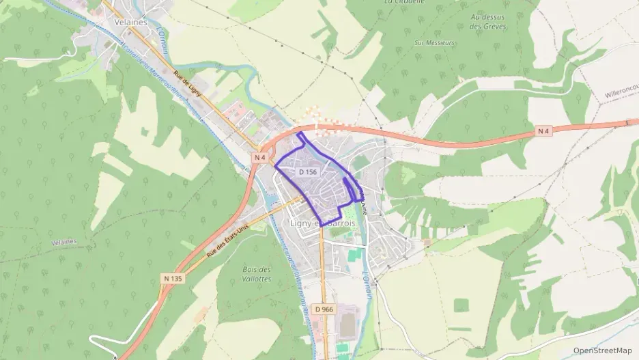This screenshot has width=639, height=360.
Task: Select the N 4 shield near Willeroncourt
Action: tap(543, 130)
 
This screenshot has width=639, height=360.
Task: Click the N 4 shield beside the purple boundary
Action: tap(259, 157)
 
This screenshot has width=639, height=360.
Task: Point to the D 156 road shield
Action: tap(308, 172)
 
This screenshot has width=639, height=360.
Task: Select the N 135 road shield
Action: tap(173, 278)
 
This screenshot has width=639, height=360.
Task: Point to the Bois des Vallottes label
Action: tap(257, 274)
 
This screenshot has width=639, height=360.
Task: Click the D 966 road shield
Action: tap(324, 309)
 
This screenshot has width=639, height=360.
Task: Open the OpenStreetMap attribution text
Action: tap(603, 350)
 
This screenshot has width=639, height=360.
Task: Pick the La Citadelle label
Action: tap(399, 2)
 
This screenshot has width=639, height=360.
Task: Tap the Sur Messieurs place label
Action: tap(434, 42)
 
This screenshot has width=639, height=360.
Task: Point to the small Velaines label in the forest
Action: tap(63, 243)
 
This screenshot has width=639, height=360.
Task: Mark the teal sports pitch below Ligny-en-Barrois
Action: tap(354, 256)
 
